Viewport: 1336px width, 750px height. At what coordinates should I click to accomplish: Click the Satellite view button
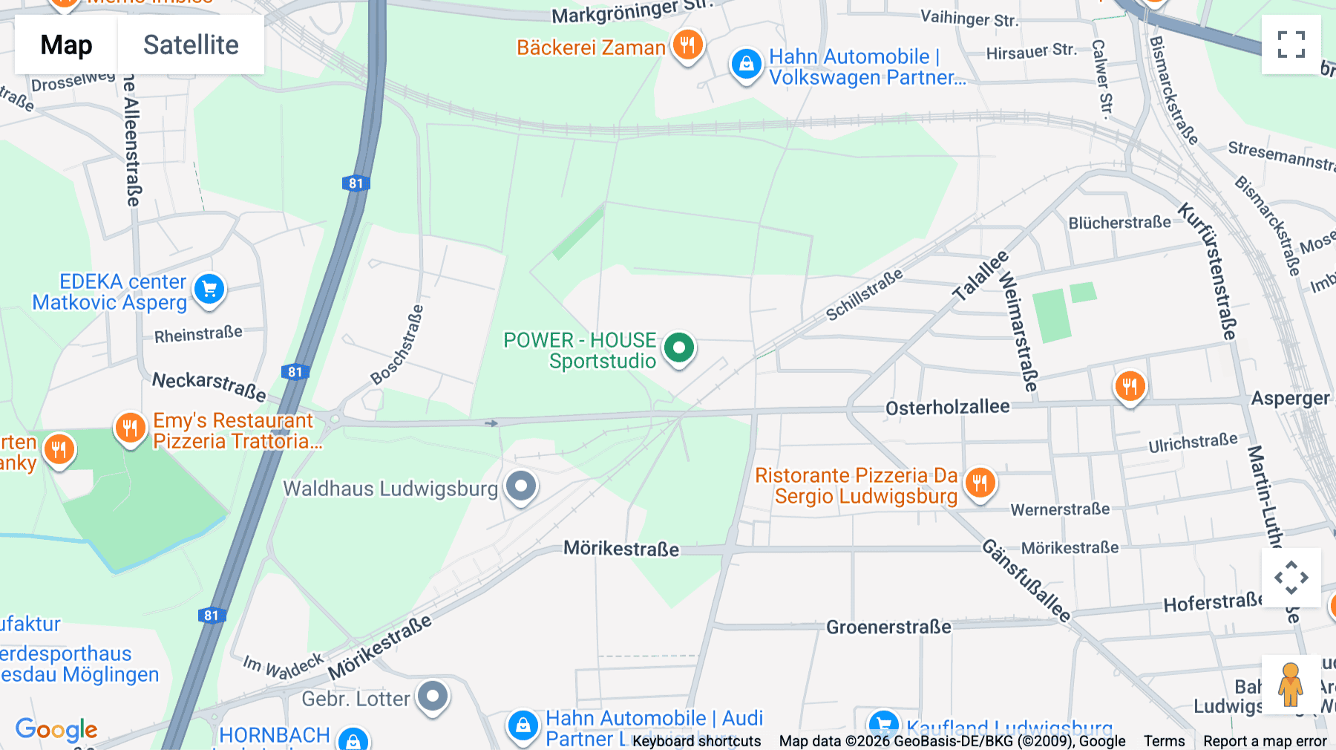pyautogui.click(x=191, y=45)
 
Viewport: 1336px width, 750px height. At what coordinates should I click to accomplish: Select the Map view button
pyautogui.click(x=66, y=45)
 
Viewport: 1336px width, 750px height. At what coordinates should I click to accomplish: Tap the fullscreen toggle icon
pyautogui.click(x=1291, y=45)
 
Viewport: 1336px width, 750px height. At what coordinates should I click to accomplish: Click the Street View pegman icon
pyautogui.click(x=1291, y=684)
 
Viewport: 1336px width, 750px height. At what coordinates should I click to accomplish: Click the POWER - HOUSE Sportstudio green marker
pyautogui.click(x=678, y=348)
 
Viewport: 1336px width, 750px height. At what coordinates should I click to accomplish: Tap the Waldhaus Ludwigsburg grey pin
pyautogui.click(x=521, y=487)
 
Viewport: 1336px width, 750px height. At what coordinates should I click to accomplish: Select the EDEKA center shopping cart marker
pyautogui.click(x=209, y=290)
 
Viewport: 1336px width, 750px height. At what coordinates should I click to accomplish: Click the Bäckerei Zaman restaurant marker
pyautogui.click(x=687, y=45)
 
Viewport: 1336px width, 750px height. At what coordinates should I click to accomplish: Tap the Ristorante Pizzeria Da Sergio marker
pyautogui.click(x=980, y=483)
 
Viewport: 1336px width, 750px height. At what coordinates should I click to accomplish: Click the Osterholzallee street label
pyautogui.click(x=947, y=407)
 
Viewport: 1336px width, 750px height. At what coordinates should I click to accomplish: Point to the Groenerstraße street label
pyautogui.click(x=888, y=627)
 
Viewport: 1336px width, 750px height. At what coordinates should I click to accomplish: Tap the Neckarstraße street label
pyautogui.click(x=209, y=385)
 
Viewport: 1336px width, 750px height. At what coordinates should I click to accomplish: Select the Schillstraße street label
pyautogui.click(x=864, y=295)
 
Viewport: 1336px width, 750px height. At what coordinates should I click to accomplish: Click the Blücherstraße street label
pyautogui.click(x=1119, y=223)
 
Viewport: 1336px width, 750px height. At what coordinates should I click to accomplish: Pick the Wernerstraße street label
pyautogui.click(x=1060, y=509)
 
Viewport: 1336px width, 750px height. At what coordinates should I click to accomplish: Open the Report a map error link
pyautogui.click(x=1264, y=741)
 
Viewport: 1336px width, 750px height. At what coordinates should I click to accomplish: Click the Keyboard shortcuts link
pyautogui.click(x=696, y=741)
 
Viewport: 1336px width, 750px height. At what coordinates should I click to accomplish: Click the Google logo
pyautogui.click(x=56, y=729)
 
